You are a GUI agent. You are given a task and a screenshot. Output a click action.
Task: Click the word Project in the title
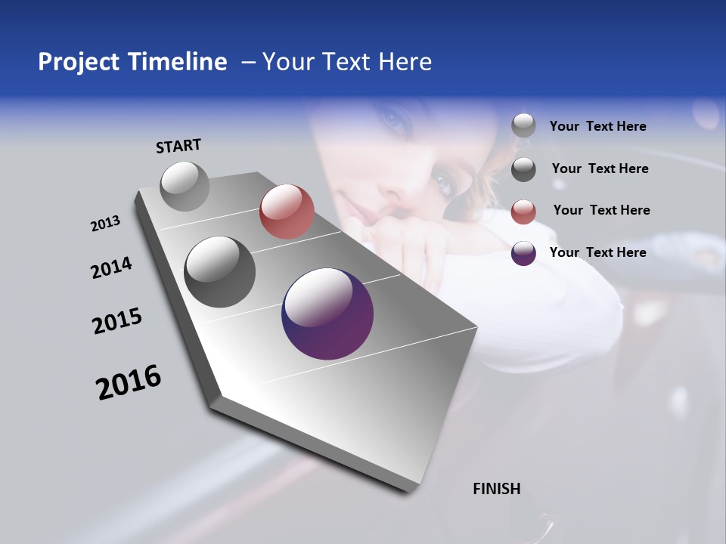click(x=73, y=62)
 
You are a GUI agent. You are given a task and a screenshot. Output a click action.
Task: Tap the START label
click(x=178, y=146)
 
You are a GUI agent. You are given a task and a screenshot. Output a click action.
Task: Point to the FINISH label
click(x=497, y=489)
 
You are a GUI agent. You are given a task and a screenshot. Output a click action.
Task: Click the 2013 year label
click(x=106, y=224)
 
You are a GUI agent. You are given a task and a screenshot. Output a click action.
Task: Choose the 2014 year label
click(x=111, y=267)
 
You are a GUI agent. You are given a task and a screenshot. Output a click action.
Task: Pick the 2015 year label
click(x=117, y=321)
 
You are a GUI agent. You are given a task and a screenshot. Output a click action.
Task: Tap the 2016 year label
click(x=129, y=382)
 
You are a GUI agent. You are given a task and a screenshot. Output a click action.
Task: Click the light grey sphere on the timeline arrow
click(x=185, y=186)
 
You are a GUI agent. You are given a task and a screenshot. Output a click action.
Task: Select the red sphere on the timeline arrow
click(x=287, y=212)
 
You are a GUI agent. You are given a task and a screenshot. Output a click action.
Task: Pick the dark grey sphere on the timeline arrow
click(x=220, y=272)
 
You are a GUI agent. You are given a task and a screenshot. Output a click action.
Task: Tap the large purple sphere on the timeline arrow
click(x=327, y=314)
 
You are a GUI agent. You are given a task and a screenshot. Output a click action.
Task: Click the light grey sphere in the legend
click(x=523, y=126)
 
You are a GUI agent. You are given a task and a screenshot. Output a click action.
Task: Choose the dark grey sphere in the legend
click(x=523, y=169)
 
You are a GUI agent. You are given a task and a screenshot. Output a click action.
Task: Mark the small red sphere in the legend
click(x=523, y=212)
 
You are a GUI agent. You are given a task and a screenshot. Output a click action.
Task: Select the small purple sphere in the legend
click(x=523, y=253)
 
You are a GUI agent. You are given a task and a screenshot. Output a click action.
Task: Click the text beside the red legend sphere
click(x=601, y=210)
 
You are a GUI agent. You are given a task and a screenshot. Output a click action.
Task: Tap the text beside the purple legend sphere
click(x=597, y=252)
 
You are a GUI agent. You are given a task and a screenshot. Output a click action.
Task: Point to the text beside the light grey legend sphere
click(x=597, y=126)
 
